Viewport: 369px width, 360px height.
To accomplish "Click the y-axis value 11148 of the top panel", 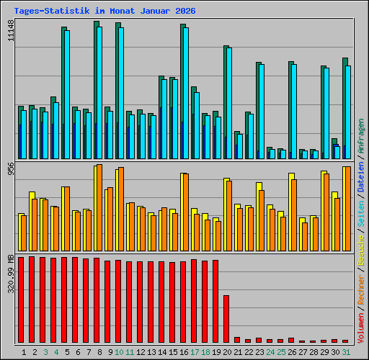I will click(x=10, y=31).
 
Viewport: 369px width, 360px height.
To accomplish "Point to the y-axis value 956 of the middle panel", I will click(x=10, y=168).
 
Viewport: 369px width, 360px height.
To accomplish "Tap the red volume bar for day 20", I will click(x=226, y=319).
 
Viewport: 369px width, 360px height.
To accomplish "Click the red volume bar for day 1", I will click(x=21, y=300).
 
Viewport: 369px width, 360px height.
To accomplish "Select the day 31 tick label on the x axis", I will click(x=345, y=352).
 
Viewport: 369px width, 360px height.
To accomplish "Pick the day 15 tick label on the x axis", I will click(x=172, y=352).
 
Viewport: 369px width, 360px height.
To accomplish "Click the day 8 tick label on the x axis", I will click(x=97, y=352).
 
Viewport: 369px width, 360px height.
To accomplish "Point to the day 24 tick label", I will click(x=270, y=352).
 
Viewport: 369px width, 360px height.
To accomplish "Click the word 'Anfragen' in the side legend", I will click(x=361, y=137).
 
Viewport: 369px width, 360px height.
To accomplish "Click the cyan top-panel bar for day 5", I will click(x=66, y=94).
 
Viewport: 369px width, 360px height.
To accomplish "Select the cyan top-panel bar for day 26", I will click(x=293, y=112).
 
